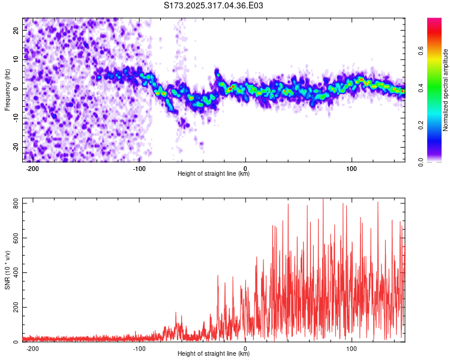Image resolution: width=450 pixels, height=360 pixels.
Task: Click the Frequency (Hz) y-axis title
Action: tap(7, 89)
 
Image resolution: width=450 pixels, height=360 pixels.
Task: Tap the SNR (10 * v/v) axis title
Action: tap(7, 270)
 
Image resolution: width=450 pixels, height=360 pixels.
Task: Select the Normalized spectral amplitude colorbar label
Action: tap(446, 90)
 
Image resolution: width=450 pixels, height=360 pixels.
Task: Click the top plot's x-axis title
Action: tap(214, 174)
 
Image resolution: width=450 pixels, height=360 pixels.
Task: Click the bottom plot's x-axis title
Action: tap(214, 354)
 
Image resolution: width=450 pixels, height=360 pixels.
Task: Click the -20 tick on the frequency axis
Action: tap(15, 148)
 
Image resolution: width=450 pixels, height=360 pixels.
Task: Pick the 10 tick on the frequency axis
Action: tap(16, 59)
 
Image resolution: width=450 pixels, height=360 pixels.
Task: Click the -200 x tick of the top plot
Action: tap(33, 168)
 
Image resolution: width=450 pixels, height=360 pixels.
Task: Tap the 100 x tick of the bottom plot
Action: tap(352, 348)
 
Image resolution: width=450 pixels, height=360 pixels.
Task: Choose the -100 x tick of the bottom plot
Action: tap(139, 348)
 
